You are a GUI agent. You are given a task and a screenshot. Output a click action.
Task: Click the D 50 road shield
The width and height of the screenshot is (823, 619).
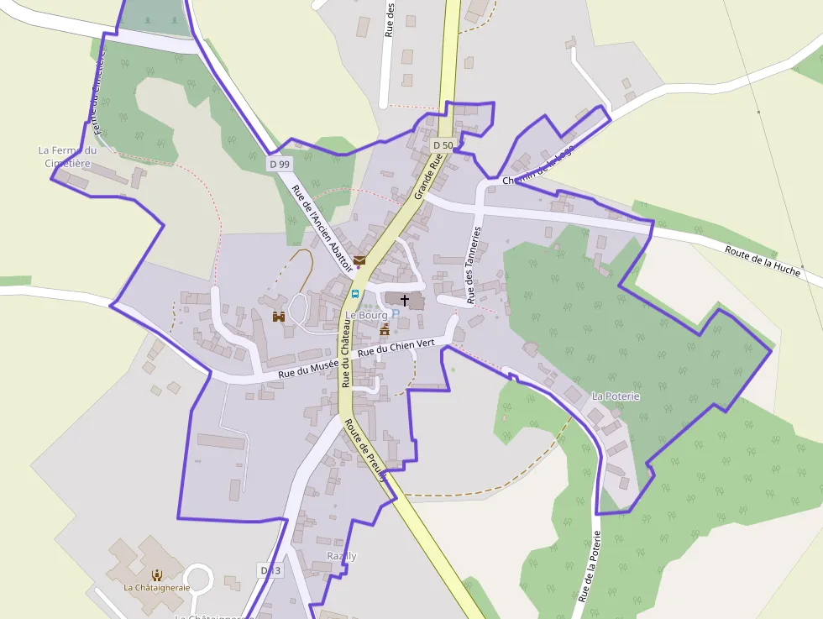click(x=443, y=145)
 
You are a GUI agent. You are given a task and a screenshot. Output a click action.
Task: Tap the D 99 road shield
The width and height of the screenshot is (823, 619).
click(x=280, y=164)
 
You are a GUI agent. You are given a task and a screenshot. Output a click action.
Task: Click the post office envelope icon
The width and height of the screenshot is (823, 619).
click(x=359, y=260)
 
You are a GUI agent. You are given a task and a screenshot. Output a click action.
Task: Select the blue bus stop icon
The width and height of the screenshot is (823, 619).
click(x=355, y=294)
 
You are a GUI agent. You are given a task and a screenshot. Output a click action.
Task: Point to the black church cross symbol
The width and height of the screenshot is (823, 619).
click(x=405, y=299)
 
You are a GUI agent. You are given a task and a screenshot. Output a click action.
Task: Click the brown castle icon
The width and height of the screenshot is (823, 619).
click(x=279, y=317)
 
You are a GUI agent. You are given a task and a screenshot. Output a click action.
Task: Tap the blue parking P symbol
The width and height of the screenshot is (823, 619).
click(x=396, y=313)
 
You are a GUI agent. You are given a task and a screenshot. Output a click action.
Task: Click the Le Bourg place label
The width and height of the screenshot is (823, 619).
click(x=367, y=315)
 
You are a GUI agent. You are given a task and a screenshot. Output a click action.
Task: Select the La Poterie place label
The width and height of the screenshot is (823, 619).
click(x=616, y=396)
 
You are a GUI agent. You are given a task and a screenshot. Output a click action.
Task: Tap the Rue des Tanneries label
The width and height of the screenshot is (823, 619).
click(x=474, y=265)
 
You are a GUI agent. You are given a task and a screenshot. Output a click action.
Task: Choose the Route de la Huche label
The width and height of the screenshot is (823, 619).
click(x=763, y=259)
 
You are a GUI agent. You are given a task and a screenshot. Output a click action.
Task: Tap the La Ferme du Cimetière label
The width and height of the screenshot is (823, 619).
click(x=68, y=156)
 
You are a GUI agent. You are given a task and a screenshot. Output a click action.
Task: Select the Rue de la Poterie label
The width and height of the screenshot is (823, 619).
click(x=589, y=567)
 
